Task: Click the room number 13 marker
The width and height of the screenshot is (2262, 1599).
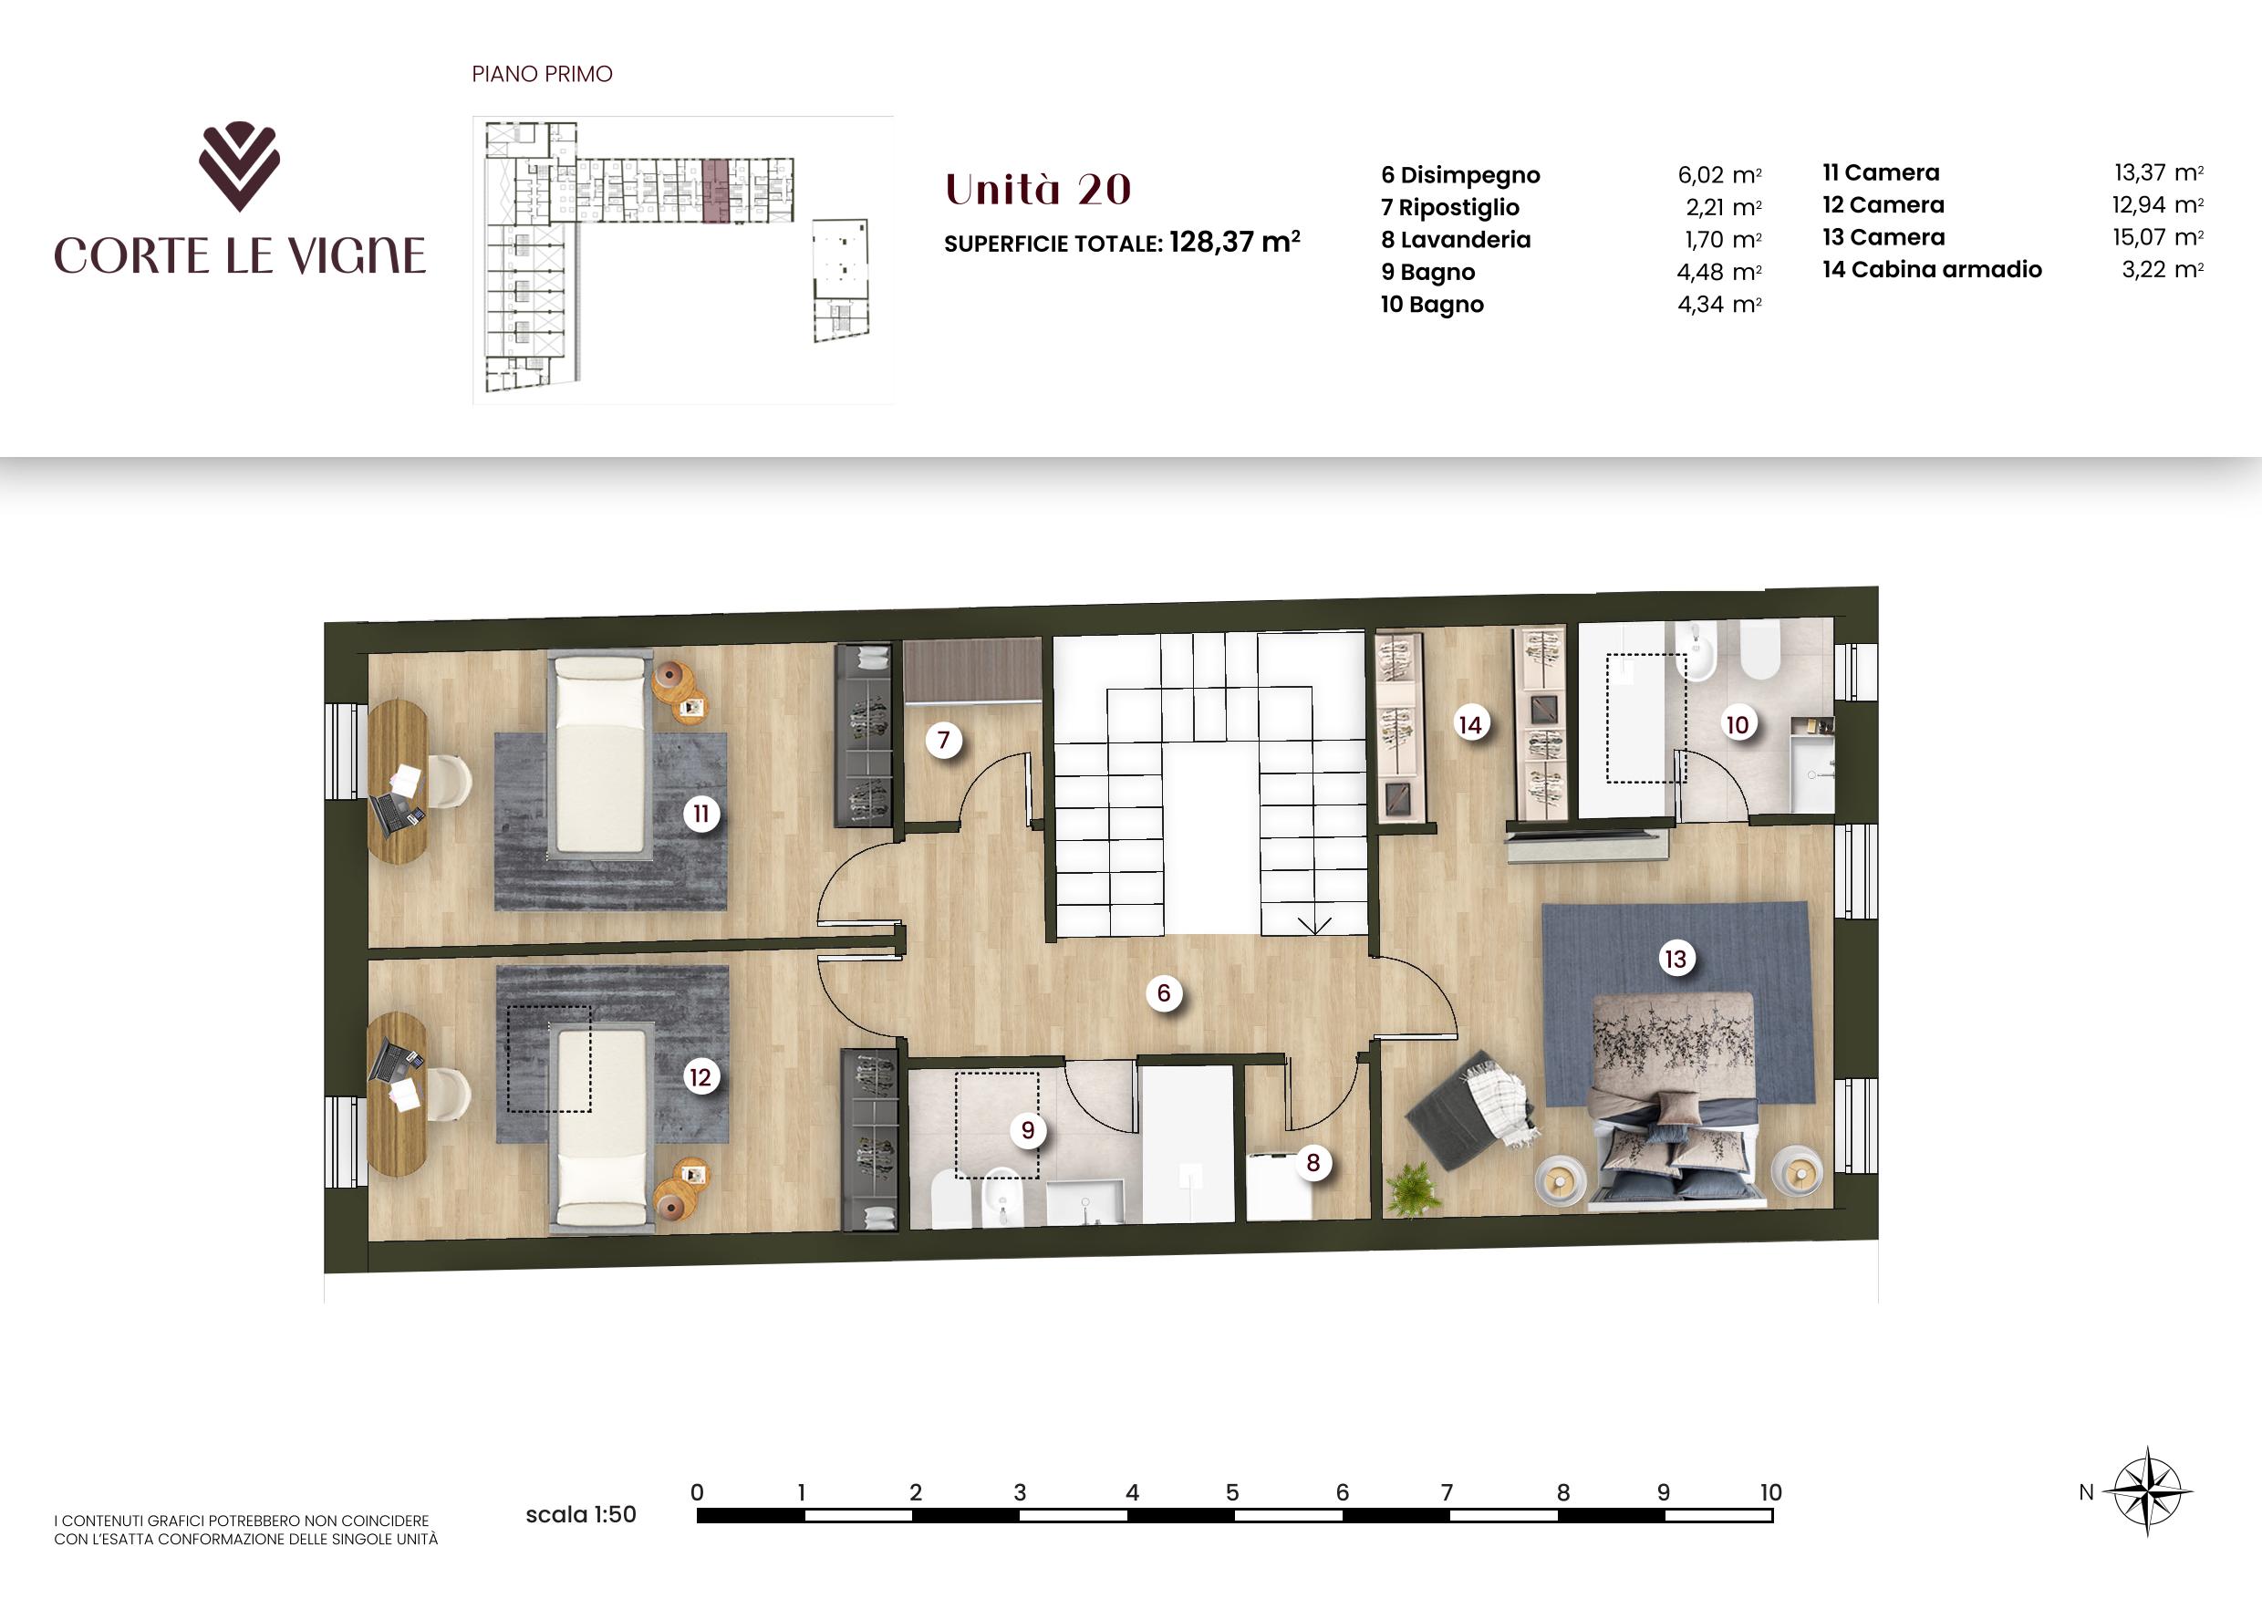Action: click(1675, 959)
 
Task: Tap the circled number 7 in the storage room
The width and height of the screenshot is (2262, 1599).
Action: click(944, 739)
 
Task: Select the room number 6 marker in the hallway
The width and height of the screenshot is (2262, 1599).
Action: click(1164, 993)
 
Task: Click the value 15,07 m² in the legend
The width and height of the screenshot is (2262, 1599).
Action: click(2158, 237)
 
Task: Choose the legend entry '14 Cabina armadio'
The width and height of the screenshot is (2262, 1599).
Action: click(1932, 270)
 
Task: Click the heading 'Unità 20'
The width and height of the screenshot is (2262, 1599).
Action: click(1037, 189)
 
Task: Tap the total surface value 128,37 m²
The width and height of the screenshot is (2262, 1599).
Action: click(1234, 243)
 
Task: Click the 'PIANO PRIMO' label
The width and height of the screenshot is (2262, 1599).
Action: click(542, 74)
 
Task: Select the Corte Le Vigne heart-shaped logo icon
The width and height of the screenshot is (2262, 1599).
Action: click(239, 168)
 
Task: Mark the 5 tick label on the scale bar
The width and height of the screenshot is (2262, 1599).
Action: click(1231, 1492)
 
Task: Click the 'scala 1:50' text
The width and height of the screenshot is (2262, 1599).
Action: click(580, 1515)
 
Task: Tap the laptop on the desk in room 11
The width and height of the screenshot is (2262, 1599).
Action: click(398, 813)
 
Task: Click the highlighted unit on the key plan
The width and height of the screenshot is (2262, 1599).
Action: click(715, 189)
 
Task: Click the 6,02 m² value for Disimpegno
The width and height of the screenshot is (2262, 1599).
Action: click(1719, 175)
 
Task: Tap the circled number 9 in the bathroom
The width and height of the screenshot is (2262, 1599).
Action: click(1028, 1130)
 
